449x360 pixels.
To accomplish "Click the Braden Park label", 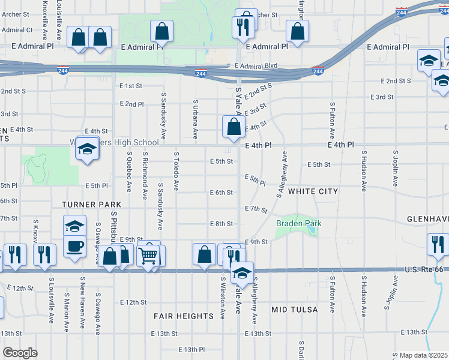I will [298, 224].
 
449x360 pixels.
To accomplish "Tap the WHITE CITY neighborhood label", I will [313, 191].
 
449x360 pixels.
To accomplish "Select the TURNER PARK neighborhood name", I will [88, 205].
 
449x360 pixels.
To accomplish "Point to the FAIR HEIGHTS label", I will [183, 316].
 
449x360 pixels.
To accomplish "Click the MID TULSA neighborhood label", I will [294, 310].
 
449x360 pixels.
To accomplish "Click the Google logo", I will [20, 353].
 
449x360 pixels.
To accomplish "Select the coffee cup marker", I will [74, 246].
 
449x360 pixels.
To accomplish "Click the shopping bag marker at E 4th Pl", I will [234, 127].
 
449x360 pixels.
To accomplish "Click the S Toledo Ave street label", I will [176, 171].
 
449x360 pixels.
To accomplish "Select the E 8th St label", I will [221, 224].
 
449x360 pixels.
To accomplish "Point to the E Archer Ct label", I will [16, 30].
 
